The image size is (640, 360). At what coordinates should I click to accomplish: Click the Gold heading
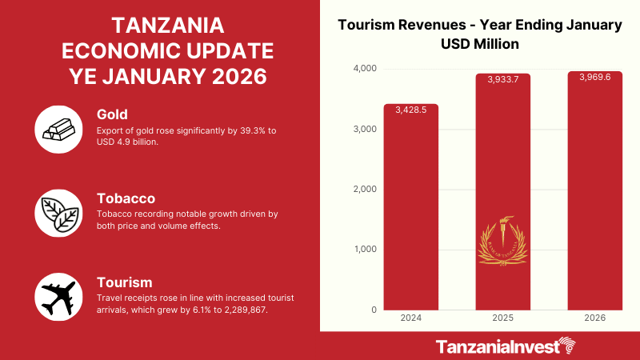pos(114,114)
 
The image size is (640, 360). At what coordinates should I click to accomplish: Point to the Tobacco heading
pos(126,198)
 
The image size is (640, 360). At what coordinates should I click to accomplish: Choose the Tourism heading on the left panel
pos(125,282)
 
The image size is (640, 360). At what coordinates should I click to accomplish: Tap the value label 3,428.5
pos(411,110)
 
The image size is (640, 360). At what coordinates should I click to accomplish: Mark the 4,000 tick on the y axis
pos(365,69)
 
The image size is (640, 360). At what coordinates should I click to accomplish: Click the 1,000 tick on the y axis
pos(365,250)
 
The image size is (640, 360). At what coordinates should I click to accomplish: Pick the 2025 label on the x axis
pos(502,318)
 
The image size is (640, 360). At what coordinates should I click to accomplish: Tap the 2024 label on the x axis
pos(411,318)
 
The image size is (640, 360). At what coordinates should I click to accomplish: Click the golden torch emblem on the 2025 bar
pos(502,241)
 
